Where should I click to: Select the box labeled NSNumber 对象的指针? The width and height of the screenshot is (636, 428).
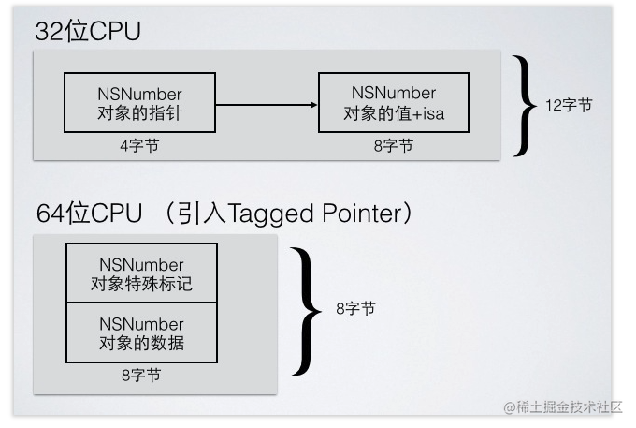pyautogui.click(x=139, y=103)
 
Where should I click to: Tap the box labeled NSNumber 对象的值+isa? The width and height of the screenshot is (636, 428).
pyautogui.click(x=393, y=103)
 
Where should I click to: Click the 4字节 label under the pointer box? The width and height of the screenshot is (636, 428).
pyautogui.click(x=138, y=146)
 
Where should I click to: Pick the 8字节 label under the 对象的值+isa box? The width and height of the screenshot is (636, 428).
pyautogui.click(x=393, y=146)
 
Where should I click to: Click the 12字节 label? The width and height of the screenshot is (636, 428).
pyautogui.click(x=568, y=105)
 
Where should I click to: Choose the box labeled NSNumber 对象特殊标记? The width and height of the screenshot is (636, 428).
pyautogui.click(x=141, y=273)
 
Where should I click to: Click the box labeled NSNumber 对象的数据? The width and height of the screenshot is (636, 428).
pyautogui.click(x=141, y=332)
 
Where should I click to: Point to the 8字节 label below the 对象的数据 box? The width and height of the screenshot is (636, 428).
pyautogui.click(x=140, y=376)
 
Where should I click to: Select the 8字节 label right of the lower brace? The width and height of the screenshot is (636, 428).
pyautogui.click(x=354, y=308)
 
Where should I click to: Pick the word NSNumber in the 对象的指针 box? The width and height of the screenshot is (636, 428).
pyautogui.click(x=139, y=95)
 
